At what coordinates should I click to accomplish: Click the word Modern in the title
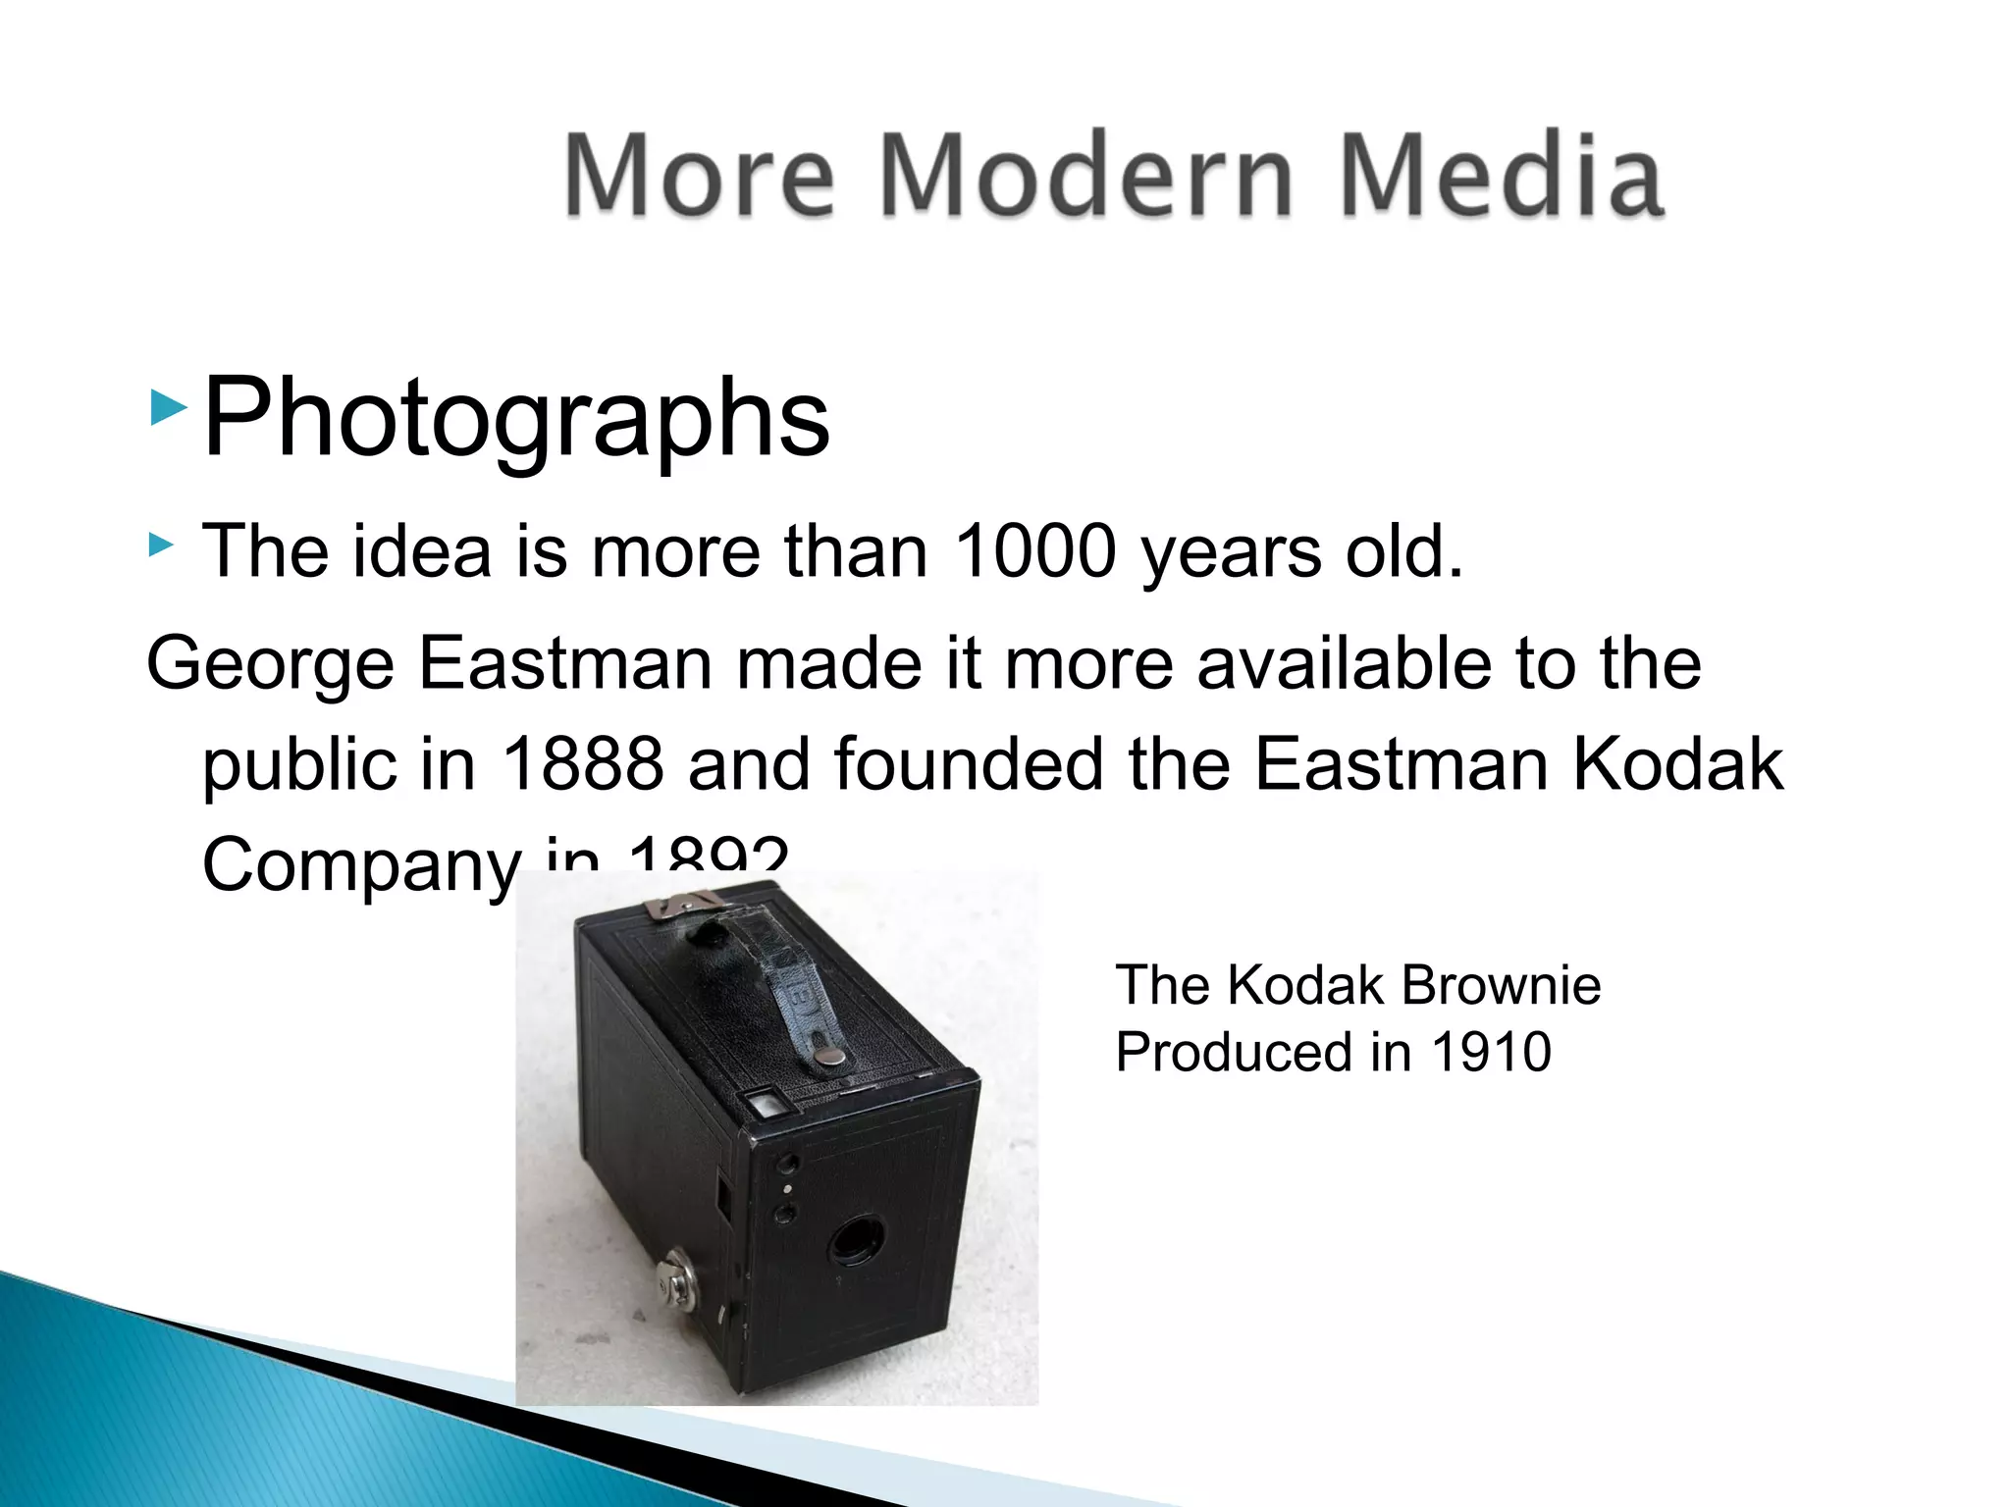1086,177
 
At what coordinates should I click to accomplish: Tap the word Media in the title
1501,177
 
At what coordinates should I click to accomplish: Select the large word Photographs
516,419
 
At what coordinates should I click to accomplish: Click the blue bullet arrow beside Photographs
169,407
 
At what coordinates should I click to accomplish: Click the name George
271,664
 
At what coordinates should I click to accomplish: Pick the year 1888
582,764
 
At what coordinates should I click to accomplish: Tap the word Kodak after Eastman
1677,764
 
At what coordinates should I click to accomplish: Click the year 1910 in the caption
1491,1052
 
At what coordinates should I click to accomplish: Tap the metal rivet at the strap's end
831,1055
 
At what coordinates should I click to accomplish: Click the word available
1343,664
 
